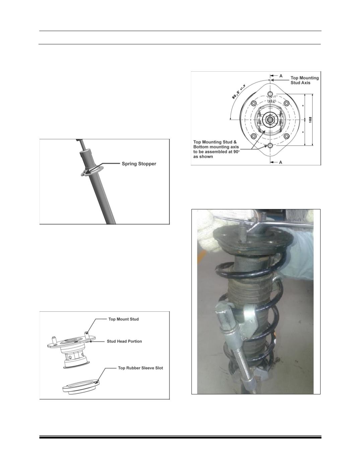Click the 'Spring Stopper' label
pyautogui.click(x=139, y=164)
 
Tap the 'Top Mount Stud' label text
pyautogui.click(x=123, y=319)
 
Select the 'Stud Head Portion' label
pyautogui.click(x=124, y=341)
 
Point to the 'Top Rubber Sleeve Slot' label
pyautogui.click(x=140, y=368)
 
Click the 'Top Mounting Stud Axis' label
pyautogui.click(x=304, y=80)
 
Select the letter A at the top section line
pyautogui.click(x=281, y=76)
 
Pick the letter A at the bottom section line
pyautogui.click(x=281, y=162)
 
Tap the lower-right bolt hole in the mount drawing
pyautogui.click(x=287, y=136)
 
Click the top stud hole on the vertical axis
pyautogui.click(x=270, y=94)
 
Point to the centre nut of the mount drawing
pyautogui.click(x=270, y=119)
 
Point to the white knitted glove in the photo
pyautogui.click(x=209, y=230)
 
